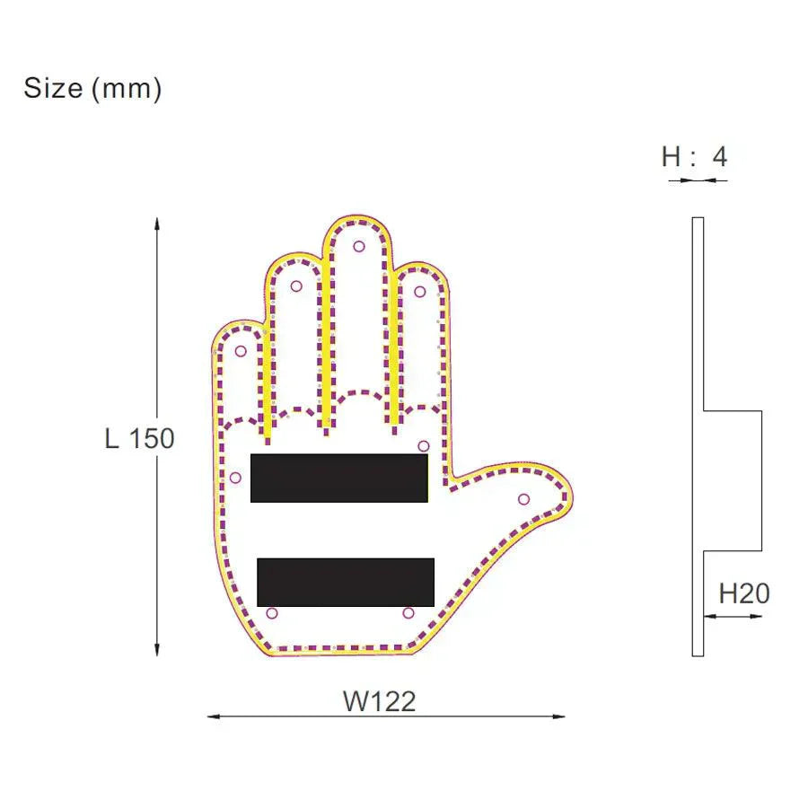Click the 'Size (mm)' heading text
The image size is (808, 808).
tap(92, 88)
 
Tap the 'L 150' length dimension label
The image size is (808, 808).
tap(139, 439)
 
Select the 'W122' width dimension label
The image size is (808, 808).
tap(379, 701)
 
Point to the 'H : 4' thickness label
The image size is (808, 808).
tap(694, 157)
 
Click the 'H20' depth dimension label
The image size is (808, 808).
tap(743, 593)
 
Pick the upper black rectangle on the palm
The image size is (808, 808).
tap(338, 478)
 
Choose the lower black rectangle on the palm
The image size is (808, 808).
tap(346, 582)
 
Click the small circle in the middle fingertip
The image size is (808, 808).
tap(359, 246)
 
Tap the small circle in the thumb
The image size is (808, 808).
tap(523, 499)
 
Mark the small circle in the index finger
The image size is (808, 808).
tap(420, 291)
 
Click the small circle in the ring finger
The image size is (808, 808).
tap(296, 286)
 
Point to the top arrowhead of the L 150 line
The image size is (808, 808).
tap(157, 223)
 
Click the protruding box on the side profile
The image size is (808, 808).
tap(732, 480)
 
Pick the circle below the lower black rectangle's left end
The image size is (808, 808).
tap(272, 613)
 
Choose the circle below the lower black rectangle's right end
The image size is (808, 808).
tap(408, 613)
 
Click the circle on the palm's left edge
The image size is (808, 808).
tap(235, 478)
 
